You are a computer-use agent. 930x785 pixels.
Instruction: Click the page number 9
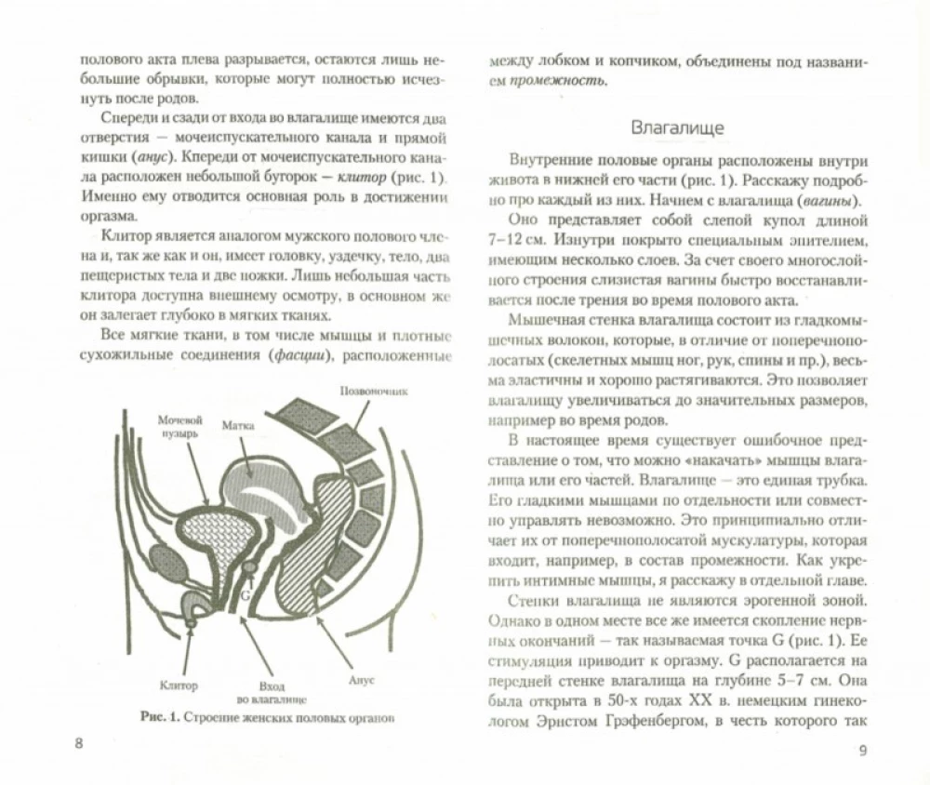[862, 752]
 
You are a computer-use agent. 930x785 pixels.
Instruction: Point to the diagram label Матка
[238, 425]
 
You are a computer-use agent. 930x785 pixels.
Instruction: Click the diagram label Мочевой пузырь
[179, 426]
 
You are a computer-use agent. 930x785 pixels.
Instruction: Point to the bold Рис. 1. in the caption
[153, 717]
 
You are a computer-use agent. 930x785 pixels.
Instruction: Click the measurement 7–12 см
[517, 244]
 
